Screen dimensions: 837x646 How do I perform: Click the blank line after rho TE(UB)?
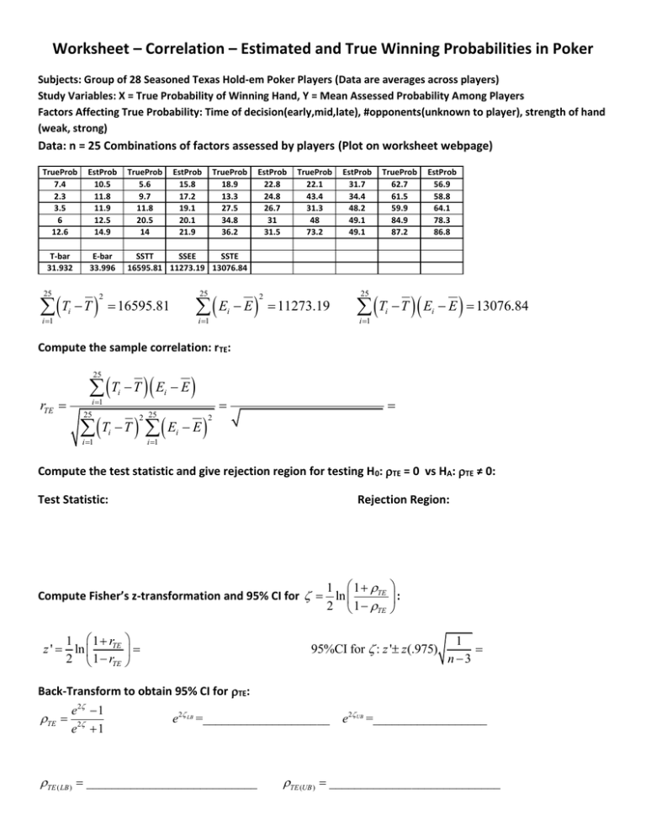click(416, 788)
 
